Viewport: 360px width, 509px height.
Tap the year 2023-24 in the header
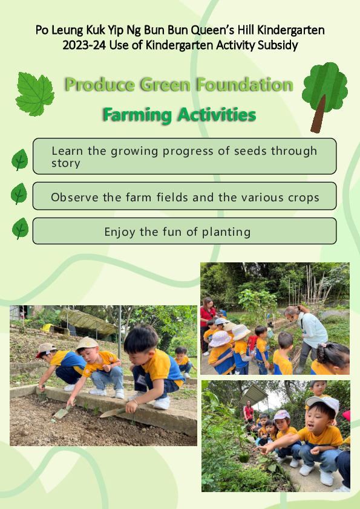point(84,45)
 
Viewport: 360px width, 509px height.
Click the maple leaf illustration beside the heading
point(34,94)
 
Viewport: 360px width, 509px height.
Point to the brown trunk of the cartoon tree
point(318,114)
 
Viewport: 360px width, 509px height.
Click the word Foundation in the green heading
point(244,85)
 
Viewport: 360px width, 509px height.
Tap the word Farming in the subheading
point(137,115)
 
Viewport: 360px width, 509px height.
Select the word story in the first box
point(65,163)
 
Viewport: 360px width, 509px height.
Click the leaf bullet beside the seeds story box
point(20,160)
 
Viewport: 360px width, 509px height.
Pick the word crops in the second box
point(302,197)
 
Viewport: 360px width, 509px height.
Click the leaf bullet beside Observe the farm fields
point(19,193)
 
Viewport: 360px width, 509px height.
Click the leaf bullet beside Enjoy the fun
point(20,229)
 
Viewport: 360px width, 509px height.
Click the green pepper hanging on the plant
point(244,457)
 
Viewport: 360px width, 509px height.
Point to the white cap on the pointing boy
point(323,403)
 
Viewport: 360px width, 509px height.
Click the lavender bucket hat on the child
point(220,339)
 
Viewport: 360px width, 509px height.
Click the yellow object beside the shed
point(48,328)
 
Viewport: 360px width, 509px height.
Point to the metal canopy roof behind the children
point(254,394)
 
